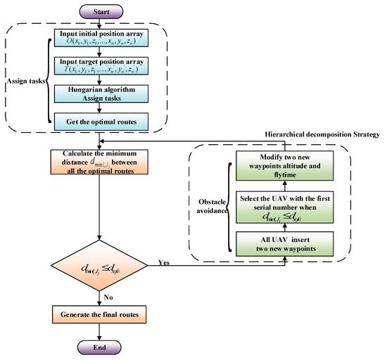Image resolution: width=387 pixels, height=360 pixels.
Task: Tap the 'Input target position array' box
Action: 103,70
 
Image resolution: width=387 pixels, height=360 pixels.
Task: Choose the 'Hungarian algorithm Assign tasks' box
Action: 103,99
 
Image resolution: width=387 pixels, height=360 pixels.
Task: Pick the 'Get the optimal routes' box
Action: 103,124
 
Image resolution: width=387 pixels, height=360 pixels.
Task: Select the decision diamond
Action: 103,266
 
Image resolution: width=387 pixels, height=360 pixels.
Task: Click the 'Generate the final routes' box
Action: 103,312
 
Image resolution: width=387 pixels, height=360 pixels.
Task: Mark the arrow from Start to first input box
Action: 103,23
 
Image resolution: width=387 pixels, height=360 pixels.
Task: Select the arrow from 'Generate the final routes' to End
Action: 103,332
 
